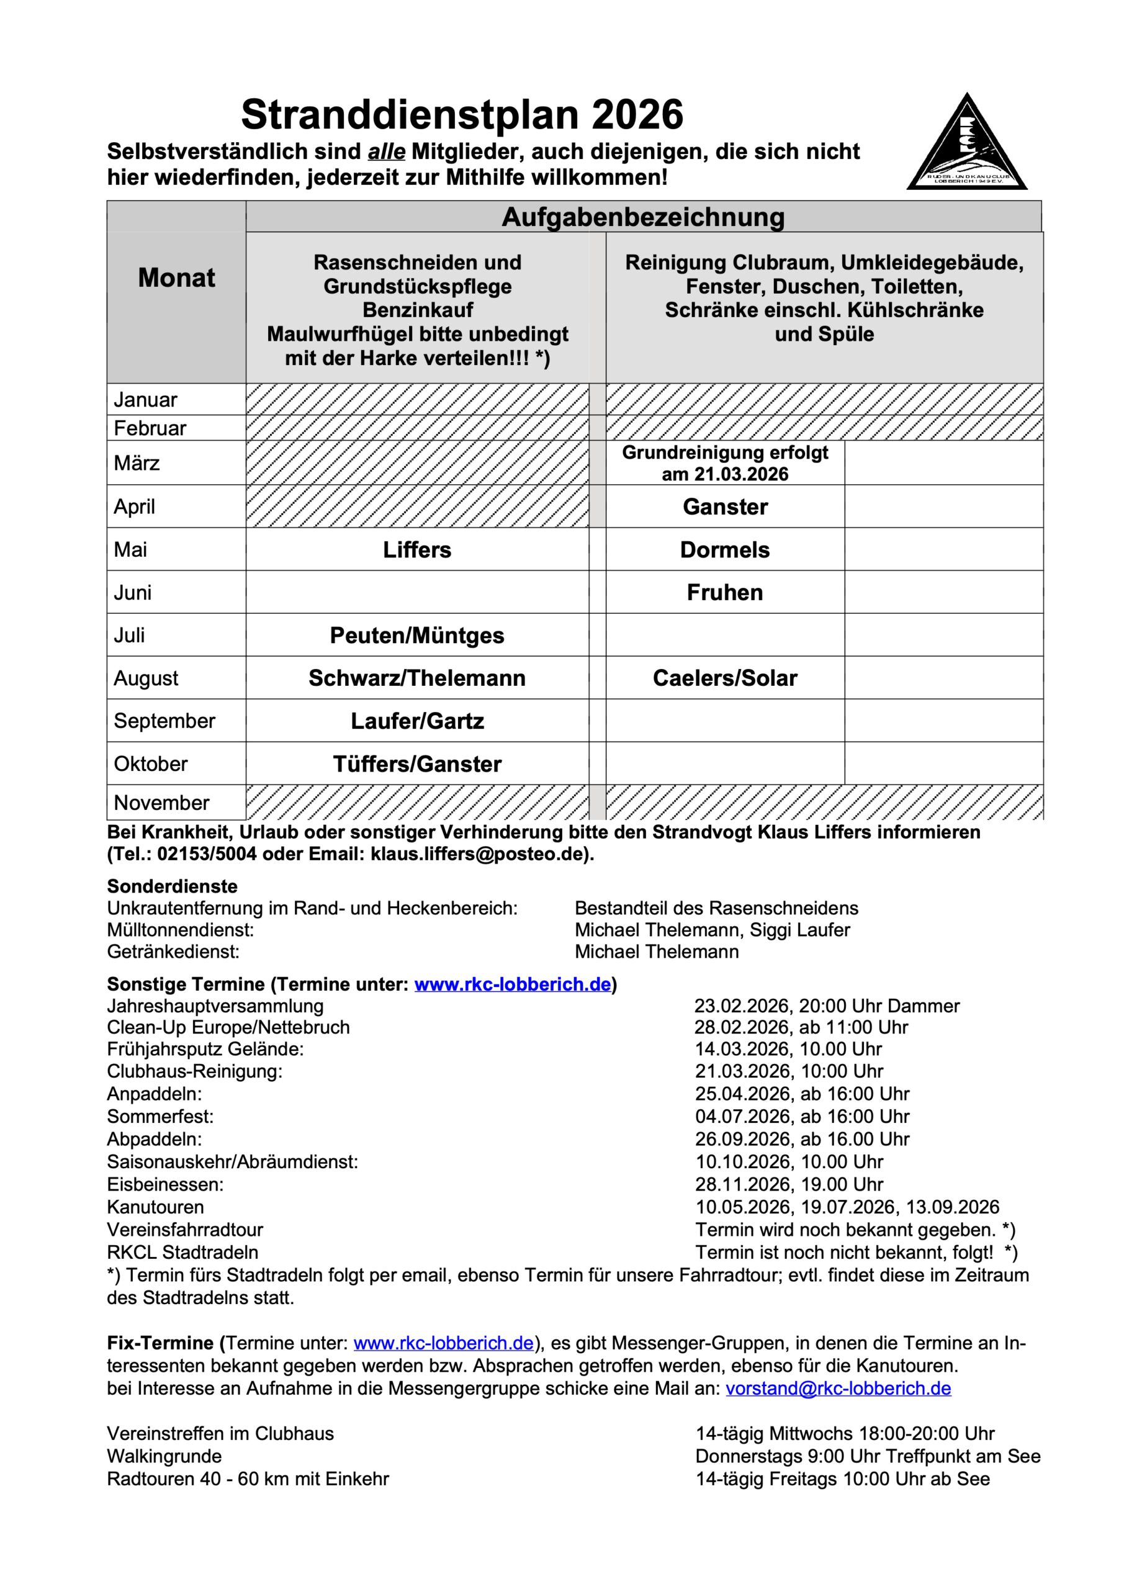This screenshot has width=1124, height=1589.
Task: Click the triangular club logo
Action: coord(966,146)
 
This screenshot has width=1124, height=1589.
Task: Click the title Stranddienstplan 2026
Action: coord(462,114)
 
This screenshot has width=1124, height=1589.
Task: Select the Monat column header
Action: coord(176,277)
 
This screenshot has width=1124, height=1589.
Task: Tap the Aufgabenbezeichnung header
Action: coord(643,217)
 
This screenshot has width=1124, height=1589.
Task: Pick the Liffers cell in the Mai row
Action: coord(416,549)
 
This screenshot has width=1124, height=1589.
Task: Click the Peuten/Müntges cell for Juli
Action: coord(416,636)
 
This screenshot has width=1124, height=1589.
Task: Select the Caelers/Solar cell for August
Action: coord(725,678)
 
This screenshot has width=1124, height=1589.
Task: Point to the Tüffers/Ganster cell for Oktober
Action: coord(416,764)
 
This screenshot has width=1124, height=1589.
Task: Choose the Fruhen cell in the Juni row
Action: coord(725,592)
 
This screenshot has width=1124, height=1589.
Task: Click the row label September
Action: coord(164,721)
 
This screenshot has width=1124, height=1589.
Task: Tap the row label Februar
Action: coord(150,428)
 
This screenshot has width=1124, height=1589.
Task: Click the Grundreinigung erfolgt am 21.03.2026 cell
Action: coord(725,463)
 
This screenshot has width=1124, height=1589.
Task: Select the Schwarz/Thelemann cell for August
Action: coord(416,678)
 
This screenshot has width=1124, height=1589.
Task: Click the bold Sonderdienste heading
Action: coord(173,886)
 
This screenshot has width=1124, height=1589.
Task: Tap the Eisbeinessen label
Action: coord(166,1184)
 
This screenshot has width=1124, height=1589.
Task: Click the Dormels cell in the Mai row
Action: coord(725,549)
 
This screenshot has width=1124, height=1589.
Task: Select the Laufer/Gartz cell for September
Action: coord(416,721)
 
